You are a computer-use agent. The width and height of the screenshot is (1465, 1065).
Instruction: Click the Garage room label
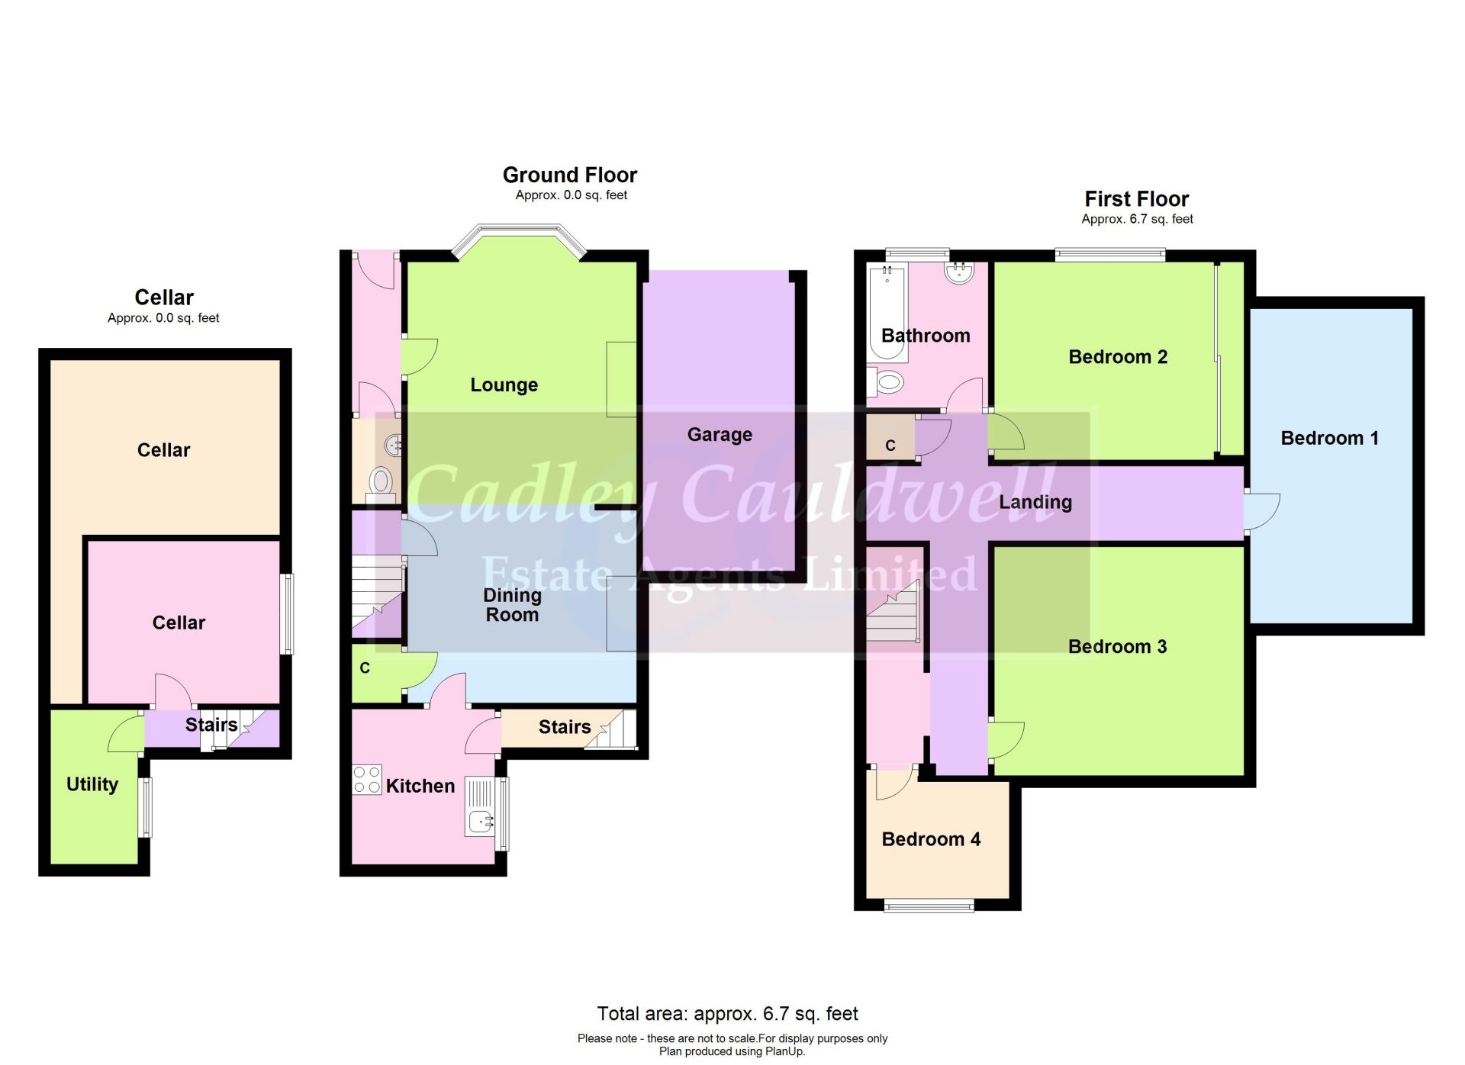point(720,434)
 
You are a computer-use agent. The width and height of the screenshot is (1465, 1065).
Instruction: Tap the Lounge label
point(504,384)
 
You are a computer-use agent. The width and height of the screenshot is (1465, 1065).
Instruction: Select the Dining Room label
point(512,605)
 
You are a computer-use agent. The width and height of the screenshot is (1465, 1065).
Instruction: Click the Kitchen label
point(420,786)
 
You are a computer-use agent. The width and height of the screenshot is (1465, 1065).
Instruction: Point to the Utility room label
point(92,784)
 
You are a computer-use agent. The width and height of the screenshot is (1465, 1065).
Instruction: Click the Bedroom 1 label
point(1329,438)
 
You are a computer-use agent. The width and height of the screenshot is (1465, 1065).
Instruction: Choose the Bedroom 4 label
point(931,839)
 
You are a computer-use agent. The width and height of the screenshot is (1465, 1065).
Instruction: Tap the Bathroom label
point(926,336)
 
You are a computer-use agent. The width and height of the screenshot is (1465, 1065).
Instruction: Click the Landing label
point(1035,502)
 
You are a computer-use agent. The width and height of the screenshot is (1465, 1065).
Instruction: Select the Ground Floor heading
point(570,175)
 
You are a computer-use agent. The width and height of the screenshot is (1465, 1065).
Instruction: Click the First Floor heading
point(1136,199)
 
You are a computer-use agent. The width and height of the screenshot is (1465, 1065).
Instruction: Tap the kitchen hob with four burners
point(367,780)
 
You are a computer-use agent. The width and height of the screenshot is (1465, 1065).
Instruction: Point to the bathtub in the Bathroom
point(887,312)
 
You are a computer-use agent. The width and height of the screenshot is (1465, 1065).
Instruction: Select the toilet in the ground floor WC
point(381,482)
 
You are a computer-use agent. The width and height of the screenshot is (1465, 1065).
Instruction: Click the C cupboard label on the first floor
point(890,446)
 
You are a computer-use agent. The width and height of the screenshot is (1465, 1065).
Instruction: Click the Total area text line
point(727,1014)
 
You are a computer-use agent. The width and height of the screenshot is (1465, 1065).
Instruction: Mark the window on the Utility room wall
point(146,806)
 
